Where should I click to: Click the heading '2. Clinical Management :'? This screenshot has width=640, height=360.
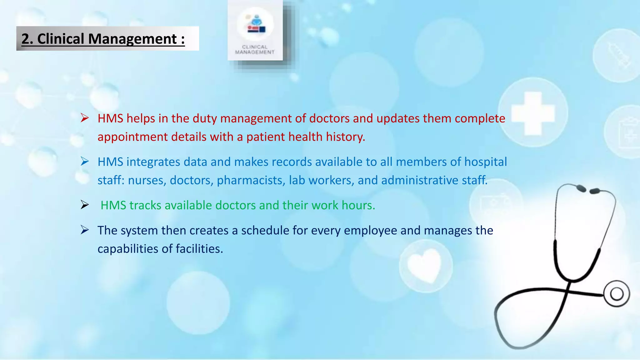103,39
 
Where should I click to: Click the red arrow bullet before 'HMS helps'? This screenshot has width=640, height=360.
85,118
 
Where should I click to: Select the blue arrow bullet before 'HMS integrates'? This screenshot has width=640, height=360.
85,162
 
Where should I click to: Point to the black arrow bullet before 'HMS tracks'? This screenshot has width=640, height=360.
85,205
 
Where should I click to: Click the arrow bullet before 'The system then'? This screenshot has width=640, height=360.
85,230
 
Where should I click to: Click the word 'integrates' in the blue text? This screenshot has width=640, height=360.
153,162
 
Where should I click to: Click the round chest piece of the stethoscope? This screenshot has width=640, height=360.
617,294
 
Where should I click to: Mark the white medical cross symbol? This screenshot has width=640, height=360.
533,113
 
